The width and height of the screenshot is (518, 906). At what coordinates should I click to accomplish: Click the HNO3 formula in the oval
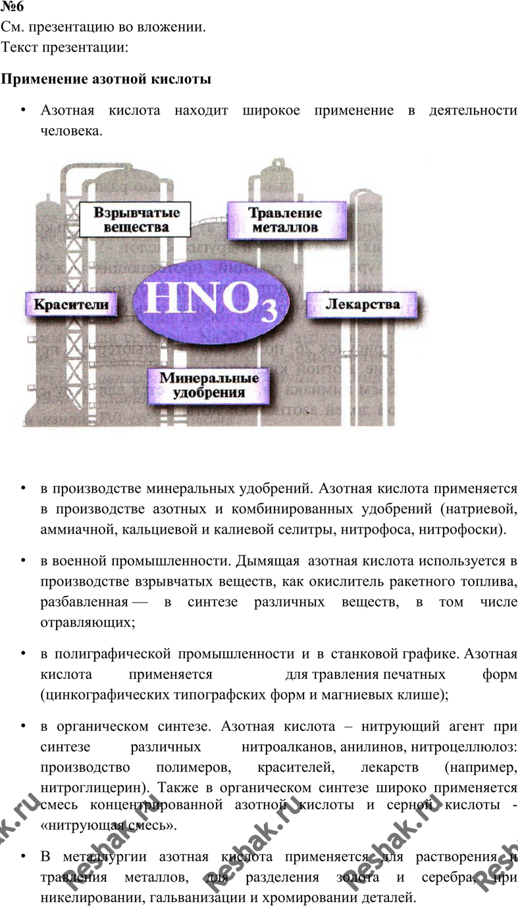point(211,301)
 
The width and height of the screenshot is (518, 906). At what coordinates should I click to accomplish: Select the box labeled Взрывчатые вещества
point(135,220)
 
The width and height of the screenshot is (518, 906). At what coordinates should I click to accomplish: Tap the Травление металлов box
point(286,220)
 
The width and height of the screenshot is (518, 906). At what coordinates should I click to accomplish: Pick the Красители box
point(71,304)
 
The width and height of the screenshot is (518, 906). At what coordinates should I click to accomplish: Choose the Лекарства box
point(362,304)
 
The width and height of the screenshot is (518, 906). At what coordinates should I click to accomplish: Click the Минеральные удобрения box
point(209,386)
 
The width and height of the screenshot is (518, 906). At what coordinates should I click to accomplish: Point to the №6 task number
point(12,7)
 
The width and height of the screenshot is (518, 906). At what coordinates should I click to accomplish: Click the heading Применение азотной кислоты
point(106,79)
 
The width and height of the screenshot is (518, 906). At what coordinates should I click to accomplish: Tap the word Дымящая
point(268,561)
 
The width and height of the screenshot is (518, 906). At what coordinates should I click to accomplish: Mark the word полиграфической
point(112,654)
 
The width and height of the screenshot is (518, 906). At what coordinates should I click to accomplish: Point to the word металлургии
point(105,857)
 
